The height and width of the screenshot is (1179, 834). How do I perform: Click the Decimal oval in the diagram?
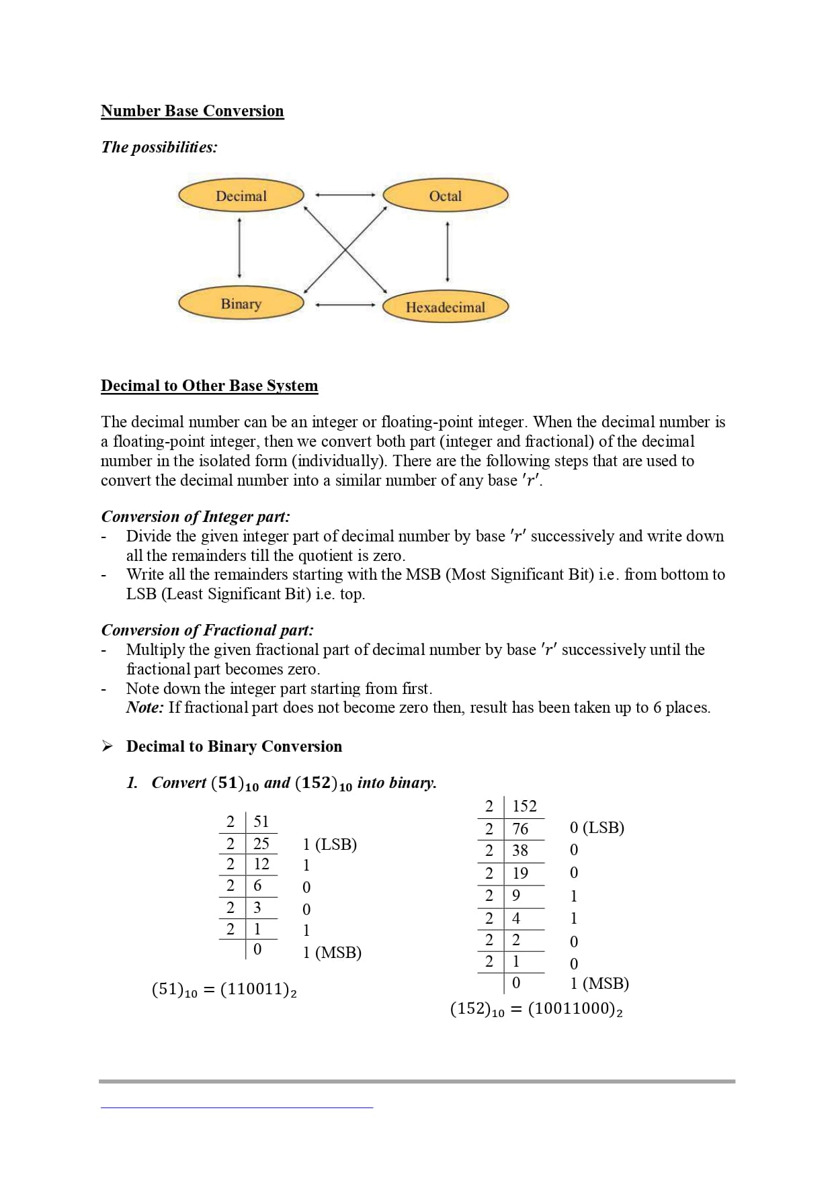pyautogui.click(x=241, y=195)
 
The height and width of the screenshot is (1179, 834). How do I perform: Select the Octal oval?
pyautogui.click(x=445, y=195)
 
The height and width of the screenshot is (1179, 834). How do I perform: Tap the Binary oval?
pyautogui.click(x=241, y=304)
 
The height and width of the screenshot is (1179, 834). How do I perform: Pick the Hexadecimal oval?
pyautogui.click(x=445, y=307)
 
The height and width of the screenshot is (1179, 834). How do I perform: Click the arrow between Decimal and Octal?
pyautogui.click(x=344, y=195)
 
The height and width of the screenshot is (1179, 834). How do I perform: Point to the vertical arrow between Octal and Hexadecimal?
pyautogui.click(x=448, y=252)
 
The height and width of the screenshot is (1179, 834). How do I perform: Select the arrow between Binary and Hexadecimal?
pyautogui.click(x=344, y=304)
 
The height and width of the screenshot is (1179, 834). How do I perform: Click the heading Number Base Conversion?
pyautogui.click(x=192, y=111)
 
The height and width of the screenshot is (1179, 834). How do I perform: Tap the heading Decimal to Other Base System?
pyautogui.click(x=209, y=386)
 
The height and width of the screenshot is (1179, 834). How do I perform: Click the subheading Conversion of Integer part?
pyautogui.click(x=196, y=517)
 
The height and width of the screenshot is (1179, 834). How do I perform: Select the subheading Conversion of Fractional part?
pyautogui.click(x=207, y=630)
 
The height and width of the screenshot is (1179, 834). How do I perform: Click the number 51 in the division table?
pyautogui.click(x=261, y=822)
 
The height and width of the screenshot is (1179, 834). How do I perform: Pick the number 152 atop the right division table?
pyautogui.click(x=524, y=806)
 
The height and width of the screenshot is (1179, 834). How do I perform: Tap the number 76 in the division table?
pyautogui.click(x=520, y=829)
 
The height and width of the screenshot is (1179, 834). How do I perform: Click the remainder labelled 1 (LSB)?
pyautogui.click(x=329, y=844)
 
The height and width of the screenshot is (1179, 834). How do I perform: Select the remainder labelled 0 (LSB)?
pyautogui.click(x=597, y=828)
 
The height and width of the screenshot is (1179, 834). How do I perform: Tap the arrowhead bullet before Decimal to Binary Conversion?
pyautogui.click(x=107, y=746)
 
